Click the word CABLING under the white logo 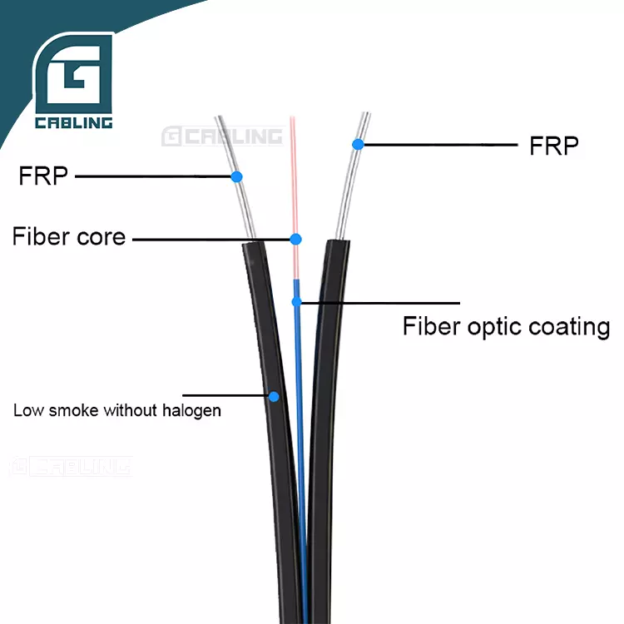coord(73,124)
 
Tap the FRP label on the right coord(554,146)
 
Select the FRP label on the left coord(43,176)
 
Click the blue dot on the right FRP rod coord(358,145)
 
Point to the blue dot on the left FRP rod coord(236,176)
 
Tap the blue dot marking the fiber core coord(295,239)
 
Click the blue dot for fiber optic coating coord(295,302)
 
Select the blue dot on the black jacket coord(273,396)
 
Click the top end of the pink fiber coord(291,119)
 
